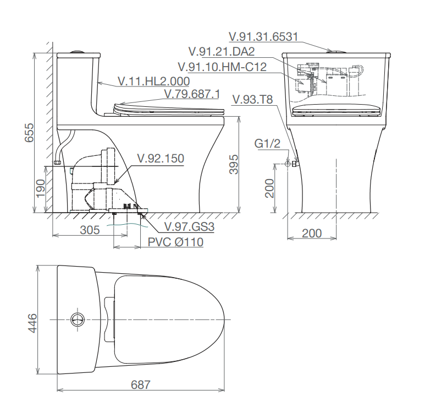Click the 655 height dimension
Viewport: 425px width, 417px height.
[29, 133]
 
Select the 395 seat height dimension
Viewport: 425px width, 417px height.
[234, 164]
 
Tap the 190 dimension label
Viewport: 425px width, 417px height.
[41, 188]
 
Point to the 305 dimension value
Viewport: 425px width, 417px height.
[90, 230]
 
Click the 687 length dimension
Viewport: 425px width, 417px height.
[140, 384]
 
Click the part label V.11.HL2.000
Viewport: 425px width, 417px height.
[154, 81]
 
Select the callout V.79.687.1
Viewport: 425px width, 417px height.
[192, 94]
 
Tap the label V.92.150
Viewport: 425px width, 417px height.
[161, 158]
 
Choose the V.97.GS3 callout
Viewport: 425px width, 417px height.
[190, 227]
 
